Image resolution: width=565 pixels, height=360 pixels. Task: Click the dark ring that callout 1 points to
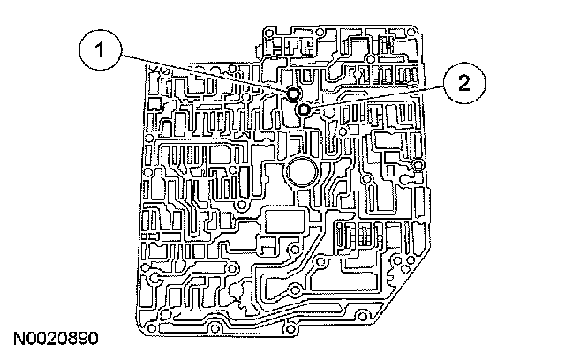[x=293, y=94]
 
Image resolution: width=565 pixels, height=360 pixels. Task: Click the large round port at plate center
[x=302, y=173]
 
